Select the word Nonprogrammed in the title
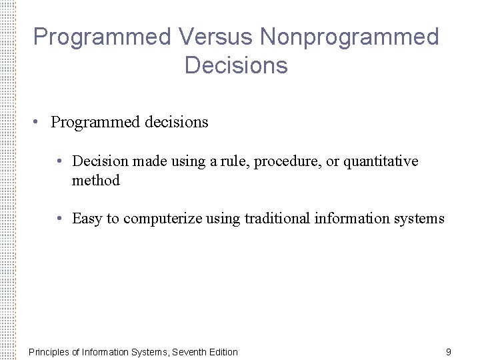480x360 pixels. pos(349,37)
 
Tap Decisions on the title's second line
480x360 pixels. pos(236,65)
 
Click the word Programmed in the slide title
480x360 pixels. pos(102,37)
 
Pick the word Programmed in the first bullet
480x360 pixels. pos(95,123)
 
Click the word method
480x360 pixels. pos(96,181)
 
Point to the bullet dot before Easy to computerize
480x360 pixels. pos(60,219)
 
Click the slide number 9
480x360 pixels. pos(448,351)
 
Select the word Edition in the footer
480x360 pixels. pos(223,352)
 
